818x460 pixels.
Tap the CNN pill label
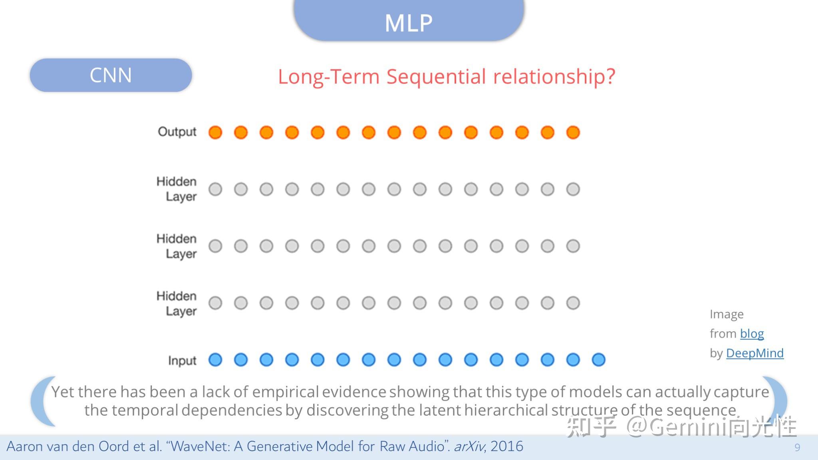coord(111,75)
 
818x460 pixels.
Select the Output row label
coord(177,132)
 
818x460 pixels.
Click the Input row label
coord(182,361)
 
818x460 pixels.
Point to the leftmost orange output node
coord(215,132)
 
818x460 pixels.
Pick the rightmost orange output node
coord(573,132)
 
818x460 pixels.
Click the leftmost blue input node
coord(215,360)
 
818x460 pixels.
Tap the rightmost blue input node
coord(599,360)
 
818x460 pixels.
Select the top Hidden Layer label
coord(177,189)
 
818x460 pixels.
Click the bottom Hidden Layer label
coord(177,303)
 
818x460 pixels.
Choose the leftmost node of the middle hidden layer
coord(215,246)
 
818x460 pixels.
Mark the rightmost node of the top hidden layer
coord(573,189)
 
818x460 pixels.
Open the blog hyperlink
coord(752,334)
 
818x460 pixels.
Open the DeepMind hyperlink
coord(754,353)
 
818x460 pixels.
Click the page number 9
coord(797,447)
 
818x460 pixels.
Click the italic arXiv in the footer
coord(469,446)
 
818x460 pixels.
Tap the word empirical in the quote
coord(285,393)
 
